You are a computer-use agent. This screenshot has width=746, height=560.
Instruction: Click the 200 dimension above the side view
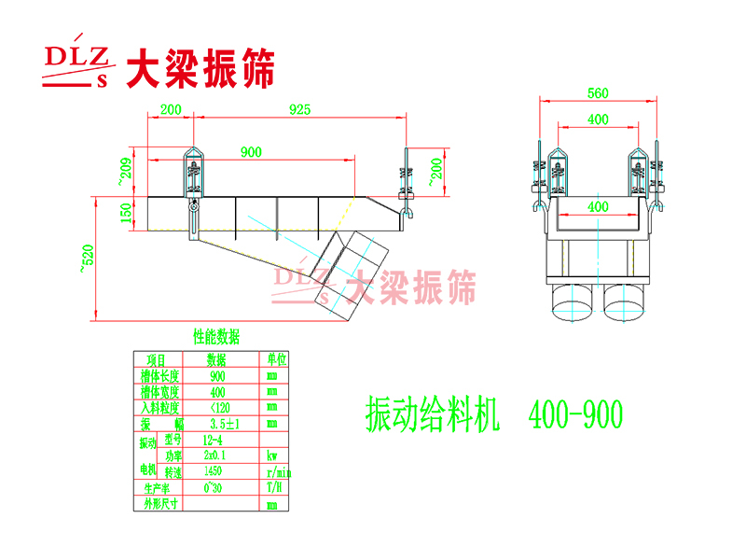pos(170,109)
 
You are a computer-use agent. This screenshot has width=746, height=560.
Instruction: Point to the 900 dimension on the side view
pos(250,151)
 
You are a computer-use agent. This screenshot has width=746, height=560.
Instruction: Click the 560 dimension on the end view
pos(598,92)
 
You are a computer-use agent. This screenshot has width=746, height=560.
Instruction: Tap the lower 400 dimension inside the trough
pos(598,206)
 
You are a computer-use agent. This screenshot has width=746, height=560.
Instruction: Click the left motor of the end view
pos(572,301)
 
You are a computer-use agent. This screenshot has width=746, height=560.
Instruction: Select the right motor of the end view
pos(625,301)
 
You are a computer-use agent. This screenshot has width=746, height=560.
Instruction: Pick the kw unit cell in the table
pos(272,456)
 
